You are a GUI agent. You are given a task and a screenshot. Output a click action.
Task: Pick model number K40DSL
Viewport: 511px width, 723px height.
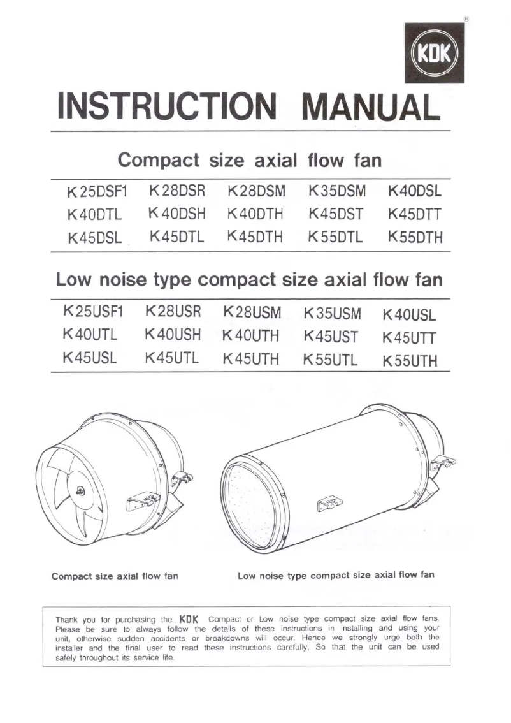[415, 191]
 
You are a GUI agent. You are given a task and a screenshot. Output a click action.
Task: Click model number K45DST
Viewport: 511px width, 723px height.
[336, 214]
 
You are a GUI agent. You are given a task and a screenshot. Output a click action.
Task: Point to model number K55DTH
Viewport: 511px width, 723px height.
[415, 238]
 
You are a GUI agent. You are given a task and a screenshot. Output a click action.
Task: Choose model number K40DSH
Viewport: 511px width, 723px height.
[176, 214]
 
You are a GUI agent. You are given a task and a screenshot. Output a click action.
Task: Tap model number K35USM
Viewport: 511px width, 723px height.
[333, 314]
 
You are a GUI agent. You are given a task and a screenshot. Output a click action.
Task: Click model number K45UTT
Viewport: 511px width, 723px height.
[410, 337]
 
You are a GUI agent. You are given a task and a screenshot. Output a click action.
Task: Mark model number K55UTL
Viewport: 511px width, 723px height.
[331, 360]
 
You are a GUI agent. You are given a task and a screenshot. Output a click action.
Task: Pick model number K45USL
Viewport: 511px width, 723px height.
[89, 358]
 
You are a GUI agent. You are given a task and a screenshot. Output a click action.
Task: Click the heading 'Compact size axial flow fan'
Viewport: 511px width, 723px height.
[250, 159]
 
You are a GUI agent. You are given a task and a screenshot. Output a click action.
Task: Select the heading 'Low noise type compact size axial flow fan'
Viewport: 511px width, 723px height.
[249, 280]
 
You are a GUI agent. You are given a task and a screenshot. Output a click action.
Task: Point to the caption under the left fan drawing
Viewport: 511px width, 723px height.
[115, 576]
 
